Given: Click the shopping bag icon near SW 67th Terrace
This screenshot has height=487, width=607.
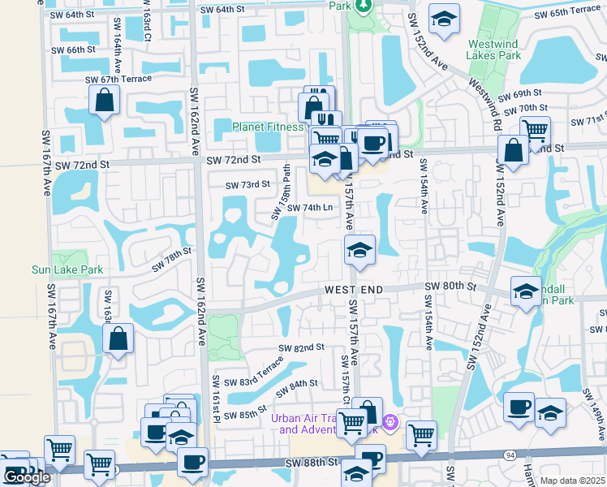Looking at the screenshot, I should pyautogui.click(x=104, y=101).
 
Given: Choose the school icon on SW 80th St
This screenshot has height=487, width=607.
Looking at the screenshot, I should pyautogui.click(x=526, y=291).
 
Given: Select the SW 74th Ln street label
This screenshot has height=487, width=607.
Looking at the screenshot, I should pyautogui.click(x=310, y=207).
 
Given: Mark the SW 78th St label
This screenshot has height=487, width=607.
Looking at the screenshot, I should pyautogui.click(x=171, y=259).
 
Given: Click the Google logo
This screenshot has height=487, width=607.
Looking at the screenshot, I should pyautogui.click(x=27, y=477).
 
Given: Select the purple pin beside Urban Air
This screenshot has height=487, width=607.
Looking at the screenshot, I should pyautogui.click(x=390, y=422).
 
